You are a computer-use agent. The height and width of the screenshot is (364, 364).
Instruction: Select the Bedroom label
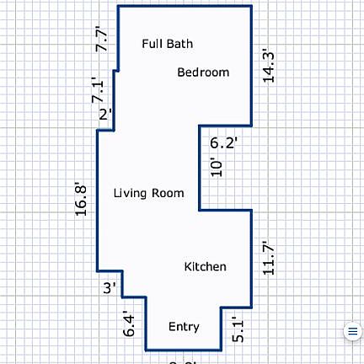tap(203, 72)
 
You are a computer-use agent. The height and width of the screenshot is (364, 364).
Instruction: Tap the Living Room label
tap(148, 193)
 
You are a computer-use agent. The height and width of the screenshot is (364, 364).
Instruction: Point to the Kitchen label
tap(205, 267)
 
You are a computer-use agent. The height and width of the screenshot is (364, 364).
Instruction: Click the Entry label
tap(185, 326)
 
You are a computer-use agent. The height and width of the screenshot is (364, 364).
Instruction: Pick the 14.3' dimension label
tap(270, 65)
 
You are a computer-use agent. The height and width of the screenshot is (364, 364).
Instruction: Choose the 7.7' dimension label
tap(102, 40)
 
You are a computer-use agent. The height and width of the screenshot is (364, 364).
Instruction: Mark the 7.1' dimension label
tap(99, 90)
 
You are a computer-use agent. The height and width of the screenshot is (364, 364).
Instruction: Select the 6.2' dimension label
tap(224, 143)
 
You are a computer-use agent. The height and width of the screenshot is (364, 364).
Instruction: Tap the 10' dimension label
tap(217, 168)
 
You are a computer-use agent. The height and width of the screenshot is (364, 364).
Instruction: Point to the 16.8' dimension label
tap(82, 199)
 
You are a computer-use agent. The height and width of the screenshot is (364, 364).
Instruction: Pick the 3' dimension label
tap(109, 288)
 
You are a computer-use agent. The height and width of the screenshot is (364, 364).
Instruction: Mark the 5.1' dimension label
tap(238, 328)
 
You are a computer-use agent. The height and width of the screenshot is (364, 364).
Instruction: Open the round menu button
tap(352, 331)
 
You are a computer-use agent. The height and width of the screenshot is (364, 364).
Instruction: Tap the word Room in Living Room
tap(167, 193)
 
